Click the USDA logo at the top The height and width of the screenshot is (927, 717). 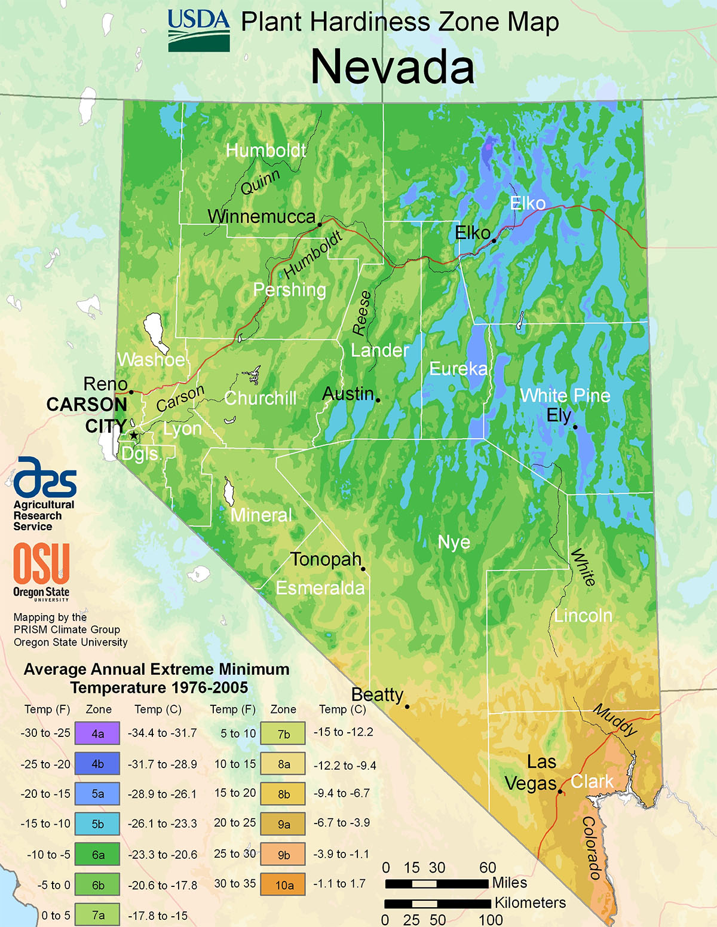(x=198, y=30)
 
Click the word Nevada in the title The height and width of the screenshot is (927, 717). (x=393, y=67)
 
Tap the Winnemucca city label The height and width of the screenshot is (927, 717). (x=261, y=216)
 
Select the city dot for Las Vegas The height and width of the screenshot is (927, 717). (x=560, y=792)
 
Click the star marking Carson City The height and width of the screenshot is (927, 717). (x=133, y=436)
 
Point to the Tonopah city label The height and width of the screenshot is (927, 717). (x=326, y=559)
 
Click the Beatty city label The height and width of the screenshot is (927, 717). (x=377, y=695)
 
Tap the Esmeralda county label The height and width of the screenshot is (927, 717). (x=320, y=588)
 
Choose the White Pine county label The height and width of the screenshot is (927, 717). (x=565, y=395)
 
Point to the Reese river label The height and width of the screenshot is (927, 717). (x=361, y=313)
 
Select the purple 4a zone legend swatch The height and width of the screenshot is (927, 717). (x=97, y=733)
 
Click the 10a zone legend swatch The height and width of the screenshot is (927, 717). (x=283, y=885)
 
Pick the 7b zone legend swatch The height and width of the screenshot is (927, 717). (x=283, y=734)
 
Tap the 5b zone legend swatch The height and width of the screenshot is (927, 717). (x=97, y=824)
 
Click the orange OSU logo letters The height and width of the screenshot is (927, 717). (x=41, y=564)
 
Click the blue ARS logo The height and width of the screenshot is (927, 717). (x=45, y=478)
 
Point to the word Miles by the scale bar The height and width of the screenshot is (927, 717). (x=509, y=883)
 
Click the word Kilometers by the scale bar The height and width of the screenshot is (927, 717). (x=529, y=902)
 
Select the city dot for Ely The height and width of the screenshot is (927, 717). (x=575, y=427)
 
